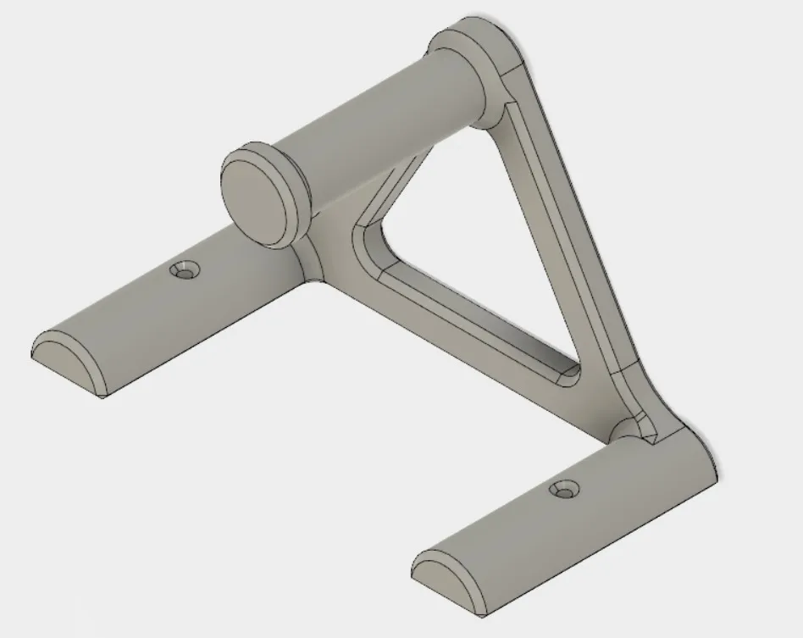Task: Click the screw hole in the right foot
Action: click(563, 490)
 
